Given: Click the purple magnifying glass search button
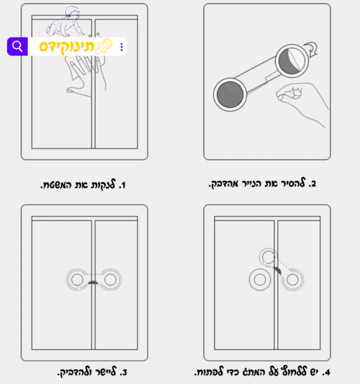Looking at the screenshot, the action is pos(17,47).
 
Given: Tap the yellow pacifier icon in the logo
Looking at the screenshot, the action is pos(104,46).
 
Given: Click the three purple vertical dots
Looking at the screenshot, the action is pos(122,47).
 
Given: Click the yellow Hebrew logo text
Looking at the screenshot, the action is pos(67,47).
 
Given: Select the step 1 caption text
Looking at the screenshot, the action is pos(83,184).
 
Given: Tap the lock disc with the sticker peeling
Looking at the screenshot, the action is pos(292,60).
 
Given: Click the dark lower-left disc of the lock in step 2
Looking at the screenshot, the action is pos(230,95).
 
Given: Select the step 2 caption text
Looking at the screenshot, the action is pos(262,183).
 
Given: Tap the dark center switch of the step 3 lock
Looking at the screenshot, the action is pos(93,282).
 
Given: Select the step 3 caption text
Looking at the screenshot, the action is pos(93,372).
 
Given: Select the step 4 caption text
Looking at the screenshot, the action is pos(262,372).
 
